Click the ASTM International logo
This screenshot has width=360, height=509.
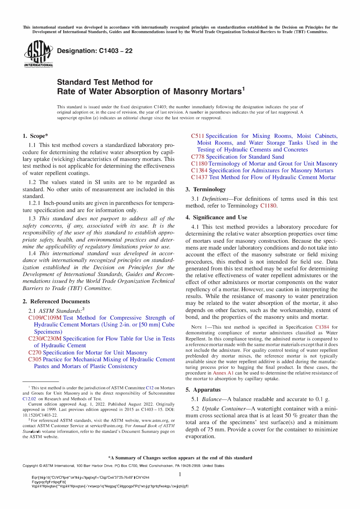38,55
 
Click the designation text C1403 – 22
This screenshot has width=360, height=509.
94,51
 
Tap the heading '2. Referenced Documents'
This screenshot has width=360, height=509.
56,301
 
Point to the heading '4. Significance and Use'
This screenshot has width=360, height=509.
216,217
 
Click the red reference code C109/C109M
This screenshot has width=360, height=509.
45,318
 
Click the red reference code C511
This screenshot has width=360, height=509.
197,136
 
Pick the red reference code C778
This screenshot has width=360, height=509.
197,157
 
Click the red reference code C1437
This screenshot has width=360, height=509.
199,177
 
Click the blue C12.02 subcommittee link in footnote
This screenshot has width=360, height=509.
29,399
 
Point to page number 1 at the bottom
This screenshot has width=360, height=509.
180,474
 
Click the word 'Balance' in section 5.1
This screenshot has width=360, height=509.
212,399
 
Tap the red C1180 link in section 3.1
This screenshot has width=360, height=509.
268,206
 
